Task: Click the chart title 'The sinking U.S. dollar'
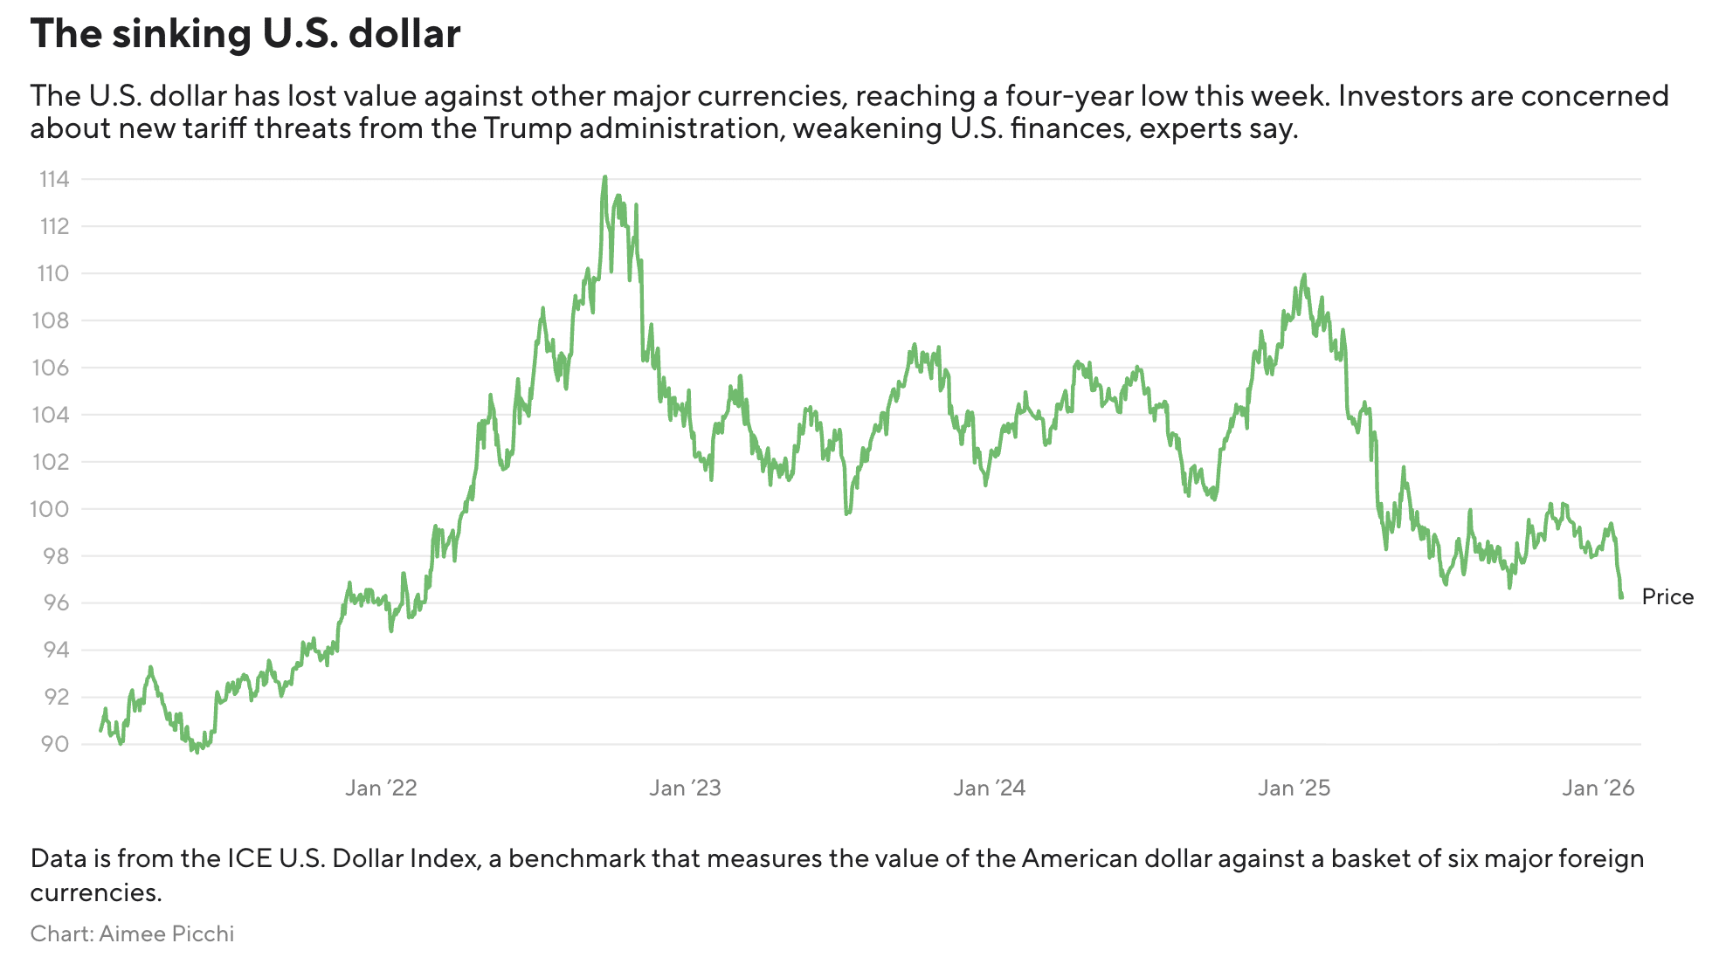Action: [245, 34]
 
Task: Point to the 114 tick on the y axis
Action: [54, 180]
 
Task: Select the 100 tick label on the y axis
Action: [51, 509]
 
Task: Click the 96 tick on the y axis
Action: [54, 602]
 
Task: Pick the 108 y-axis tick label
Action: [51, 320]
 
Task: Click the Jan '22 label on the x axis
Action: [381, 788]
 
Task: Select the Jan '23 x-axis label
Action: [685, 788]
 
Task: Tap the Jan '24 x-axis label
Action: [989, 788]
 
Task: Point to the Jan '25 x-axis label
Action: [1294, 788]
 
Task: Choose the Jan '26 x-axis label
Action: [1598, 788]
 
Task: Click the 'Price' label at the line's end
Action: [1667, 597]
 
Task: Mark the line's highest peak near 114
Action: [604, 177]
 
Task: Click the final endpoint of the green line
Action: [1621, 597]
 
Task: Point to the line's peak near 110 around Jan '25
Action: [1304, 275]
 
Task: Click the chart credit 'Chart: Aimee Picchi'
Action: [132, 933]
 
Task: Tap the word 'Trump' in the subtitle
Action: [528, 128]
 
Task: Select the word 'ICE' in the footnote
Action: [250, 858]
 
